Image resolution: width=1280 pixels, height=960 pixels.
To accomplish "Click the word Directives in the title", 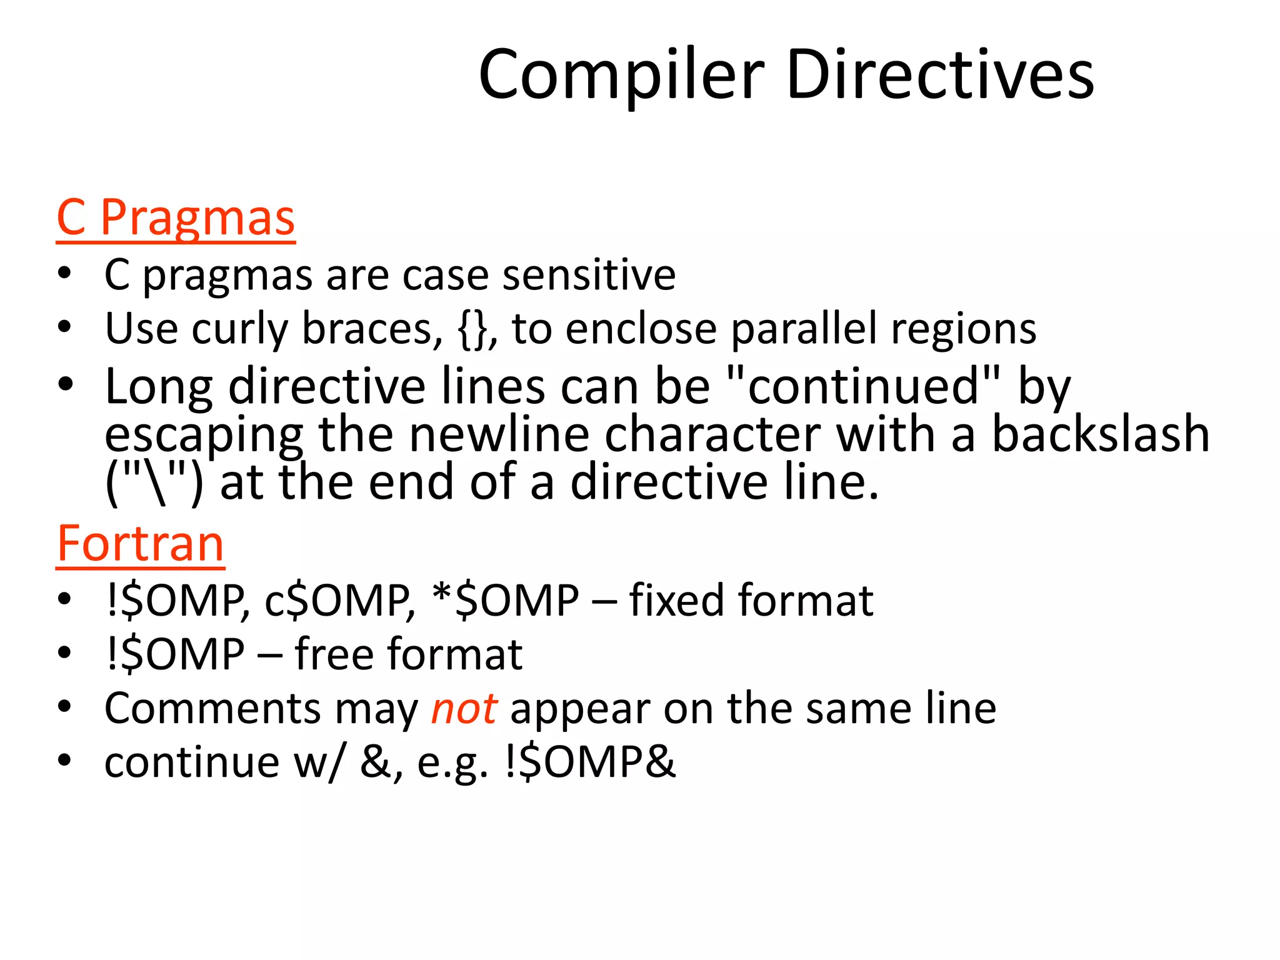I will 940,75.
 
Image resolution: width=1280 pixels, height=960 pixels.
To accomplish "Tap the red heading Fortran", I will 141,544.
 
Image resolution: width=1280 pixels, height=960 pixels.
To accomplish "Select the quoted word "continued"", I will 864,386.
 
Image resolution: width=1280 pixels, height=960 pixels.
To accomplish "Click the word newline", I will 499,434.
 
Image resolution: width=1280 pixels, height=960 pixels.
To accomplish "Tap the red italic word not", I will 464,709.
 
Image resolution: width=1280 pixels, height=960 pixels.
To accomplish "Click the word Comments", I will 213,709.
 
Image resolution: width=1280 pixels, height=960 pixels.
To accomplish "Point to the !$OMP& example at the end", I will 590,762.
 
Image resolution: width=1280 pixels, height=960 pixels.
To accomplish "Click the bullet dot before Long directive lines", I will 65,384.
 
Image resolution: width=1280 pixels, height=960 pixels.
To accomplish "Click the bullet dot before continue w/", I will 65,761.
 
